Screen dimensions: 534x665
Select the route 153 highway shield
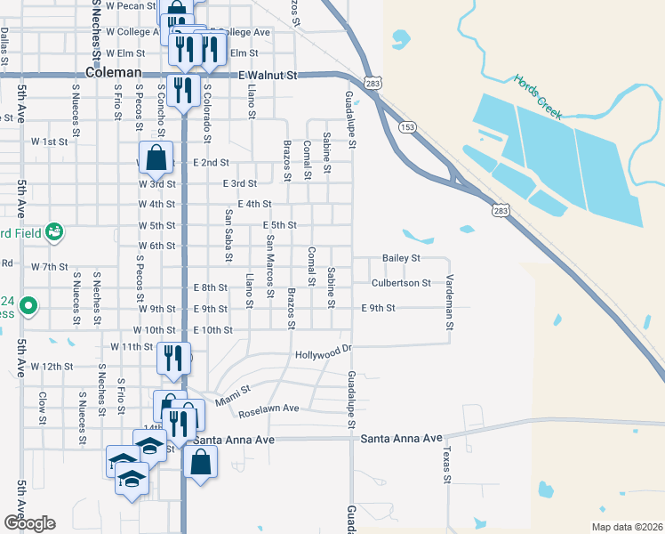tap(407, 127)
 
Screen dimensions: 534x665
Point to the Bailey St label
tap(401, 258)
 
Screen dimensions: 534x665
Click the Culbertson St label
tap(401, 283)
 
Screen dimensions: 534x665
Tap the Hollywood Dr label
tap(324, 354)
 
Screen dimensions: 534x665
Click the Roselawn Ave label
tap(267, 409)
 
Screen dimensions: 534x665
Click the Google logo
tap(29, 523)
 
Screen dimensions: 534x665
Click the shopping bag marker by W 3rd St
tap(156, 159)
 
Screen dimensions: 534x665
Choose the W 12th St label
tap(52, 366)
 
